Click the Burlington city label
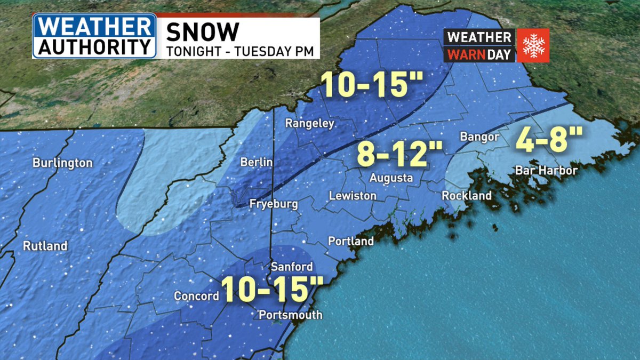tap(62, 163)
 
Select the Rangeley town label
tap(309, 124)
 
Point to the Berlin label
tap(256, 162)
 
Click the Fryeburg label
tap(274, 204)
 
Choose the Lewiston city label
tap(353, 196)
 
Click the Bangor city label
tap(479, 137)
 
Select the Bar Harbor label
tap(546, 171)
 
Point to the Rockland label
tap(467, 196)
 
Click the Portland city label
tap(351, 241)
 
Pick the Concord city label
tap(196, 296)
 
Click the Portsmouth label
tap(290, 315)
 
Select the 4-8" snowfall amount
tap(548, 139)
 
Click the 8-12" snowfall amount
tap(399, 155)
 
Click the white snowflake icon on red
tap(532, 45)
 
